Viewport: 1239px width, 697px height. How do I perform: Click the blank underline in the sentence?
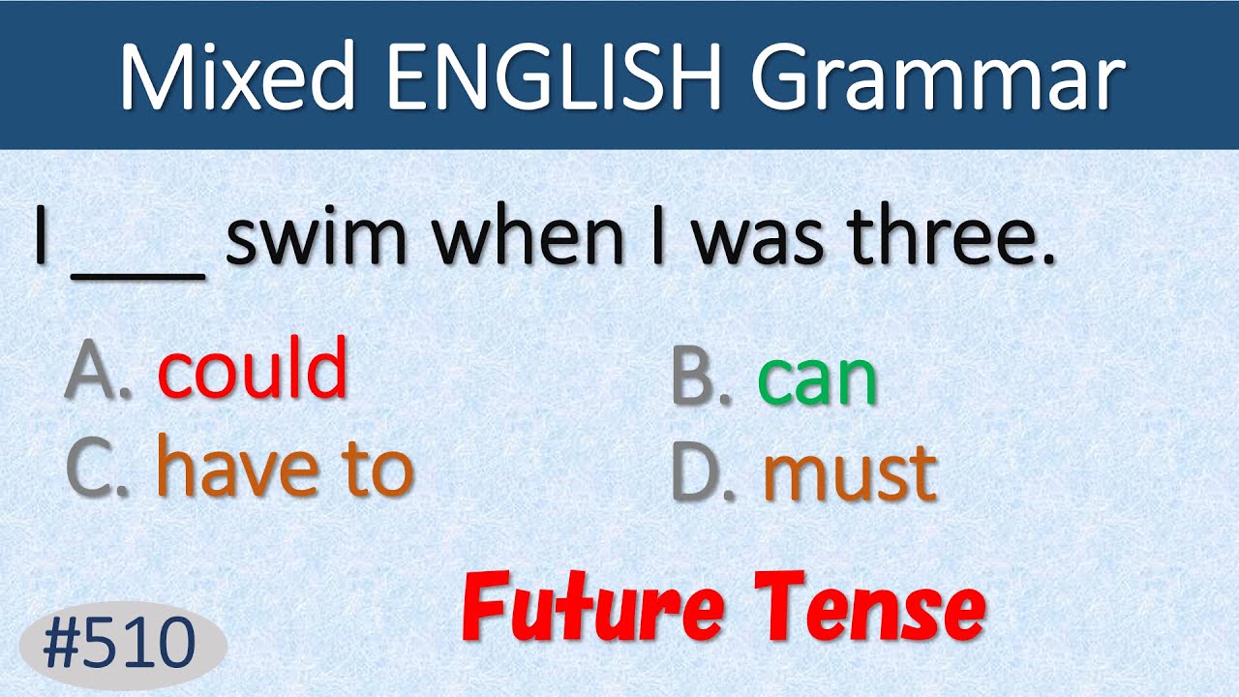(137, 277)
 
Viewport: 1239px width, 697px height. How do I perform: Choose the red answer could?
(252, 369)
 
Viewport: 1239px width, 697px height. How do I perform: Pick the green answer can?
(818, 379)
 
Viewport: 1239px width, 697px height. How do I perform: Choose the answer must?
(850, 474)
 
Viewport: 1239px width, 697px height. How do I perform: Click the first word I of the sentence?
(41, 237)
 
